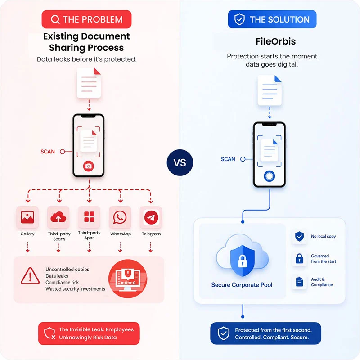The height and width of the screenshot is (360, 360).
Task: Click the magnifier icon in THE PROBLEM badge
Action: click(x=55, y=19)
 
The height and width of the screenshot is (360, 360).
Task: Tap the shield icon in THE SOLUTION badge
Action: click(x=239, y=19)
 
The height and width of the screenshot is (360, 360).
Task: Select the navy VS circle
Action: click(x=180, y=162)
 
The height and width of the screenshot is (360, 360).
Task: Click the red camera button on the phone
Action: click(x=88, y=166)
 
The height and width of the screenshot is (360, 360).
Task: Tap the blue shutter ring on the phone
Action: click(x=269, y=176)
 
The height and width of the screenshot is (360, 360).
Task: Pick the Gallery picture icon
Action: click(x=27, y=217)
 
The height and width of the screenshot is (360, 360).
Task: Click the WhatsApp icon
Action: click(x=120, y=217)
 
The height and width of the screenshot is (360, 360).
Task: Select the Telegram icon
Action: click(x=151, y=217)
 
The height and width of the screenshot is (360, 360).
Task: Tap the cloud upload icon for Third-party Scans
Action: click(x=58, y=217)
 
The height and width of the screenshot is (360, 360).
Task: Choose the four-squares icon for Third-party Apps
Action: click(x=89, y=217)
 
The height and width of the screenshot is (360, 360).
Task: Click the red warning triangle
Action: click(x=30, y=276)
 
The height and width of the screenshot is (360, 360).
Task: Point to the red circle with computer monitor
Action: click(x=128, y=279)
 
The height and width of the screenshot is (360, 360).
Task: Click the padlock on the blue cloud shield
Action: click(x=242, y=261)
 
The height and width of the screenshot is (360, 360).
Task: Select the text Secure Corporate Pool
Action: click(x=242, y=285)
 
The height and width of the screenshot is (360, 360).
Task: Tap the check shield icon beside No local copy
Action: click(x=299, y=236)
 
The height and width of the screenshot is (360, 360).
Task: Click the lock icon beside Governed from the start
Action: click(x=299, y=258)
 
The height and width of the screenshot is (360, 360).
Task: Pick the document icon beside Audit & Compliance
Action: click(x=299, y=282)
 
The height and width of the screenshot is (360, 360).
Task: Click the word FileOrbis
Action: click(x=275, y=41)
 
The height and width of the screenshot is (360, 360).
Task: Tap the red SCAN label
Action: click(x=48, y=152)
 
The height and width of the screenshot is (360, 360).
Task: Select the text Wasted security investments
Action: click(x=75, y=289)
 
